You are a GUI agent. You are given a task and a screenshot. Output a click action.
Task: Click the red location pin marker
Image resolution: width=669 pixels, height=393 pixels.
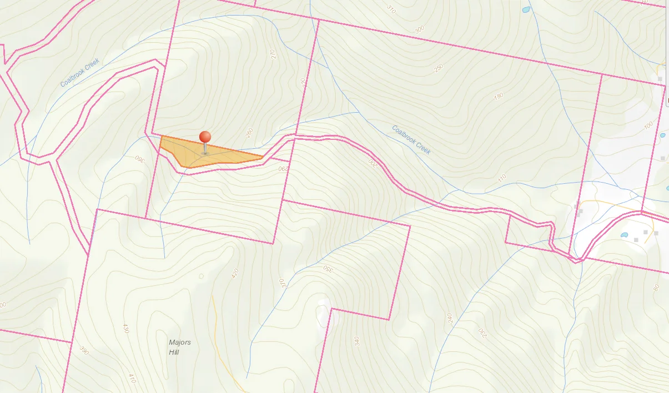click(x=205, y=138)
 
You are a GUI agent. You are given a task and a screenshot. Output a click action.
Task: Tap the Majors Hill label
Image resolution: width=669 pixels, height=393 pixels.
click(x=179, y=347)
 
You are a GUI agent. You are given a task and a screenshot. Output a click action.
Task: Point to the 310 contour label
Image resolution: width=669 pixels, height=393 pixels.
click(x=391, y=9)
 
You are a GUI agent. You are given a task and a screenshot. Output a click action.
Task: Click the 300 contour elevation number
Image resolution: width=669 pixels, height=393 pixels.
click(x=419, y=29)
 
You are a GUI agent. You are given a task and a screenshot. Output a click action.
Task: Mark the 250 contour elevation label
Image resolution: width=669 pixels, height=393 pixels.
click(x=439, y=68)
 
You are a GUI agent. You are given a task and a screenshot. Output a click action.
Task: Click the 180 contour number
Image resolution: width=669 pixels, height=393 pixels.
click(x=498, y=96)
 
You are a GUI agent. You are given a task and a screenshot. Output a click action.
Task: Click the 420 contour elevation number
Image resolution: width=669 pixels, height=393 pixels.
click(x=234, y=273)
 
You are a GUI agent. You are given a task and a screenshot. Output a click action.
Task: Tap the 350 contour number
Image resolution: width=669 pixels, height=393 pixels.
click(x=328, y=270)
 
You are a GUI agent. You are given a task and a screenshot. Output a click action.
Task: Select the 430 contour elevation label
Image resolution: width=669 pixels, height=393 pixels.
click(x=125, y=328)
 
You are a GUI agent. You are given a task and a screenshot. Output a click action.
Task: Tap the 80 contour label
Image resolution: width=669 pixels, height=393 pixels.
click(x=656, y=288)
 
